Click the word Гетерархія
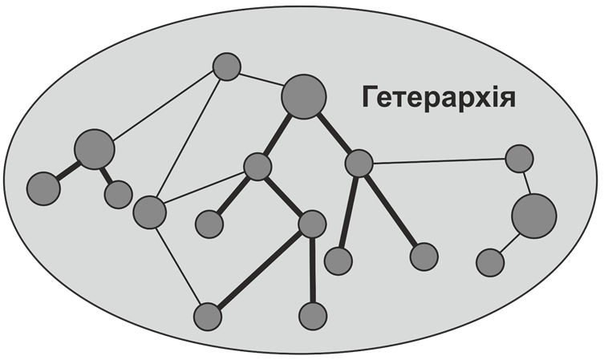[437, 98]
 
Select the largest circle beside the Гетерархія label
[304, 96]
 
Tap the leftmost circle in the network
[43, 188]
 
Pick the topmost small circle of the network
[227, 67]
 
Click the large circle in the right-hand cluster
[533, 216]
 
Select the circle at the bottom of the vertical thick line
[313, 315]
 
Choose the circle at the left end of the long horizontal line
[359, 164]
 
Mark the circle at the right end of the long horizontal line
[520, 159]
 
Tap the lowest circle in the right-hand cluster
[489, 261]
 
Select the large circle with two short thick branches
[94, 148]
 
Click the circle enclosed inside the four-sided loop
[209, 222]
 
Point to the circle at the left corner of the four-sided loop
[149, 212]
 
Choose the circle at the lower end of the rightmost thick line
[424, 257]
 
